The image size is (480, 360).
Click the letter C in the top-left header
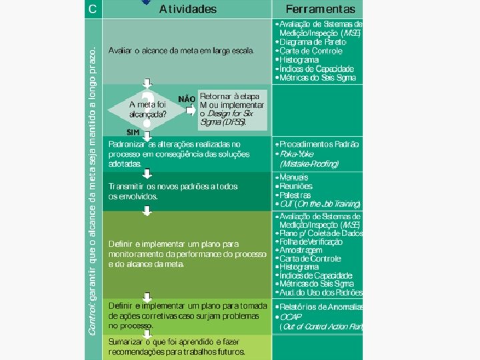coord(93,9)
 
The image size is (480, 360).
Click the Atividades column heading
coord(188,9)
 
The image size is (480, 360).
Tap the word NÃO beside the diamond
coord(187,99)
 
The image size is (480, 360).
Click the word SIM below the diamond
coord(132,132)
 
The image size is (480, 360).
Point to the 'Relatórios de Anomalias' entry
coord(320,307)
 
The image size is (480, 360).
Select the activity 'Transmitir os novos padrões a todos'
coord(173,187)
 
